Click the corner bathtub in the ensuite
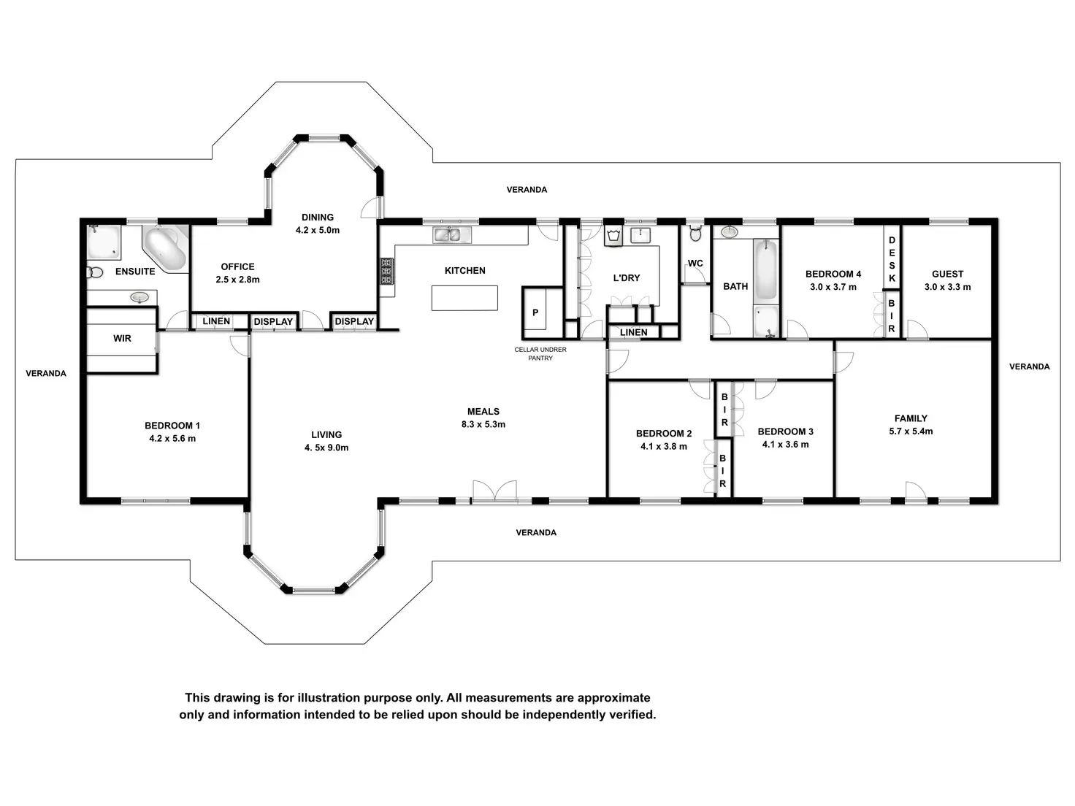166,248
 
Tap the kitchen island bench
464,298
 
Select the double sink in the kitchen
447,235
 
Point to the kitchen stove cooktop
387,272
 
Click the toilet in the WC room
695,233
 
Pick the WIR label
122,338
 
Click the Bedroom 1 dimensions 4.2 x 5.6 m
172,439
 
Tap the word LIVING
326,434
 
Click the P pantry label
535,312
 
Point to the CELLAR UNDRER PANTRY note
540,354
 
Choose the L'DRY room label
627,278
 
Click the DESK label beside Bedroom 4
892,259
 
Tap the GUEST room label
948,274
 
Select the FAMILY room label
911,418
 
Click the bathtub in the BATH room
765,269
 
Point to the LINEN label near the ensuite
216,321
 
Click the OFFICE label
237,266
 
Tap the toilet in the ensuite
96,272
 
